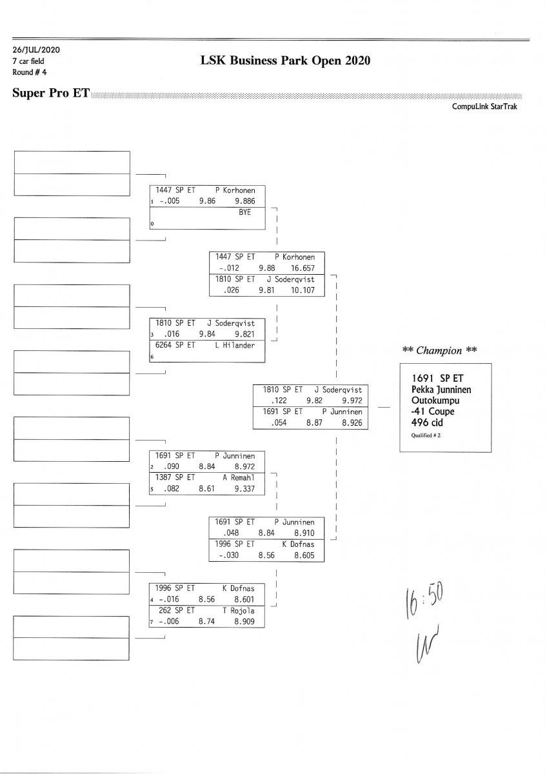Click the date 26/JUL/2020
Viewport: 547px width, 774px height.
[37, 50]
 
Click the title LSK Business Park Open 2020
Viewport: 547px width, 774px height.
[286, 61]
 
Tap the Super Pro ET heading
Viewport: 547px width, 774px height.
[51, 94]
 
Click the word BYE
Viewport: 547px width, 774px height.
[244, 212]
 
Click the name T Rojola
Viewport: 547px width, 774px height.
[238, 610]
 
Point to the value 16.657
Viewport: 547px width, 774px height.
[303, 267]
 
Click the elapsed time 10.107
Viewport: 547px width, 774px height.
[303, 290]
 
